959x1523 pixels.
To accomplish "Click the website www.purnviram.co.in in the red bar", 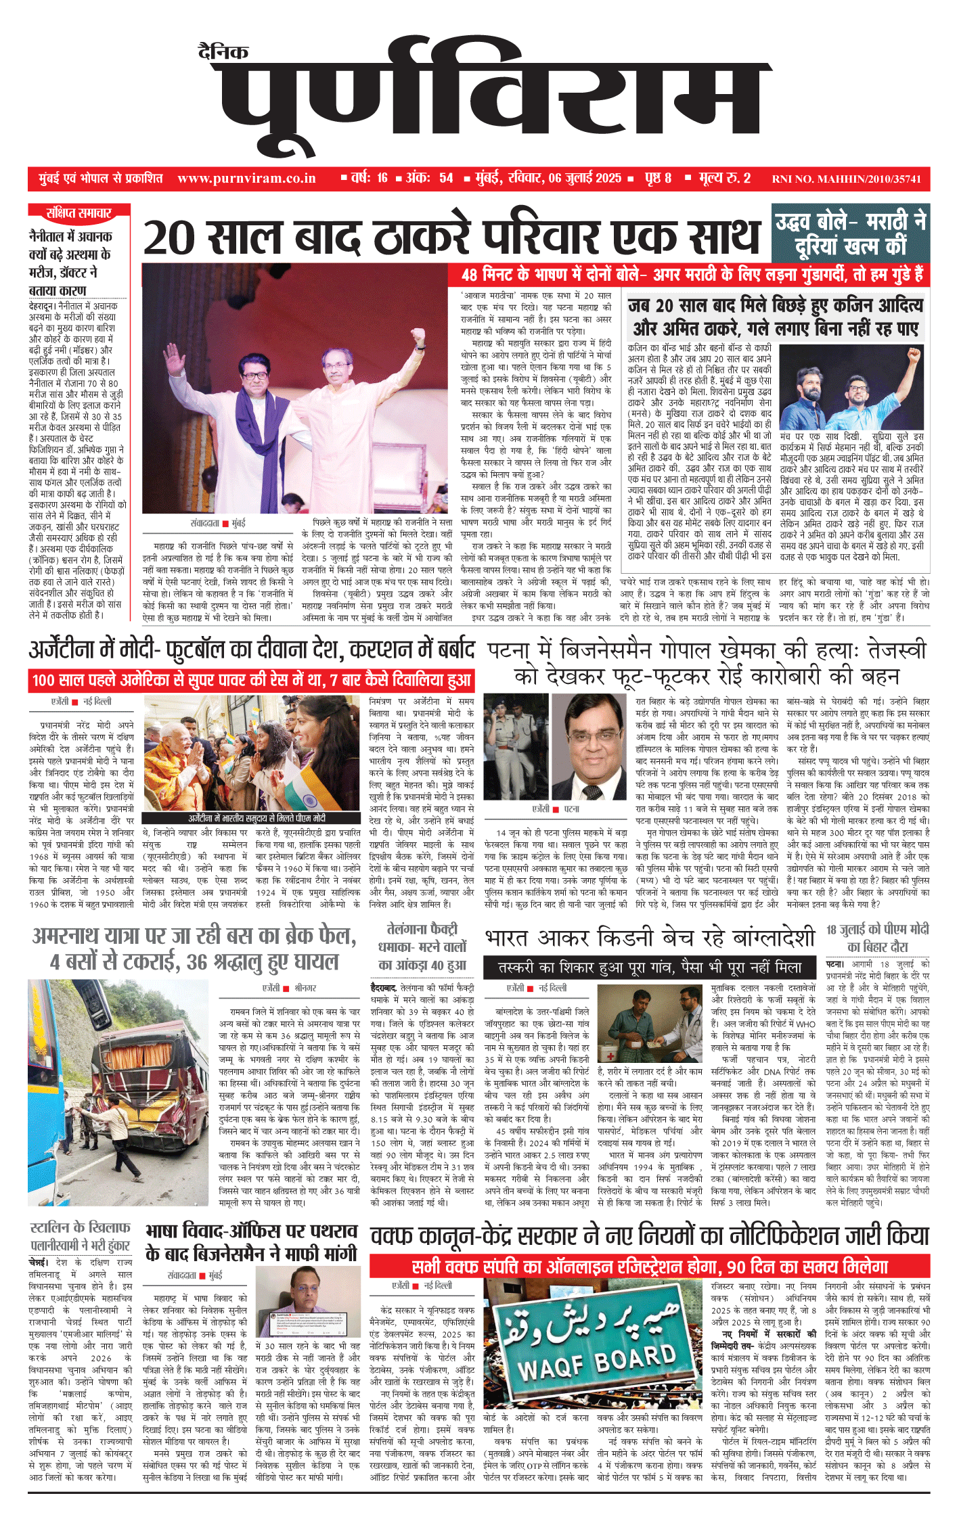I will [x=246, y=179].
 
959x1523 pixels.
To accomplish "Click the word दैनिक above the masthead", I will [x=223, y=51].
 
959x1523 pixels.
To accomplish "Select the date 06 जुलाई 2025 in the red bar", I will [x=585, y=179].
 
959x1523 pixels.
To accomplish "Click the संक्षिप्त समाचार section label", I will [x=79, y=214].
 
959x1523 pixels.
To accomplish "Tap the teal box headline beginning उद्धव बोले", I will [x=851, y=233].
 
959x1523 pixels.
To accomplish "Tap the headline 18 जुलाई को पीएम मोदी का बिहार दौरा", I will [x=877, y=937].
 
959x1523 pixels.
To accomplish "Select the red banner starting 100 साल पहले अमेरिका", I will [x=251, y=680].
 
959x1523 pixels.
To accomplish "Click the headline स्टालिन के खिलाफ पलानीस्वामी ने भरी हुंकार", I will [x=81, y=1236].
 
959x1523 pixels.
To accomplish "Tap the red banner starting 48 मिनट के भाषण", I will [x=692, y=275].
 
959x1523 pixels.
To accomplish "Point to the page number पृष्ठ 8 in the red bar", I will [x=658, y=179].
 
